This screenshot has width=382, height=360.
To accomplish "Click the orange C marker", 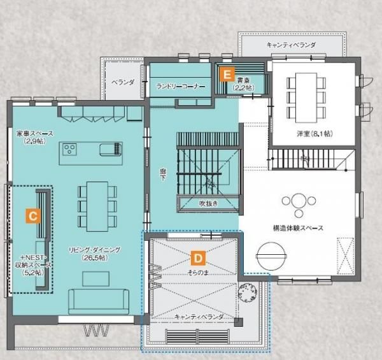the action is pos(33,216).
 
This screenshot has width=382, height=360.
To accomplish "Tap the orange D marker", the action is pos(198,258).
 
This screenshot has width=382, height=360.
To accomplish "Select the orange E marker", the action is pos(227,74).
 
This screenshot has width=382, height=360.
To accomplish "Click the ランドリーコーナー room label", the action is pos(181,87).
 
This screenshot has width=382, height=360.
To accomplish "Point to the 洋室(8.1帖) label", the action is pos(315,134).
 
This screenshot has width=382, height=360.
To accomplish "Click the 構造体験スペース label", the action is pos(298,228).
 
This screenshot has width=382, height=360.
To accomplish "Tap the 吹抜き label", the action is pos(208,203).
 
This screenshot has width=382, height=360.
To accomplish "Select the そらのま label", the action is pos(198,273).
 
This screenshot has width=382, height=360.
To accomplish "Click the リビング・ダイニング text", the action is pos(94,250).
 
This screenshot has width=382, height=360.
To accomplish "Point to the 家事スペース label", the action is pos(35,134).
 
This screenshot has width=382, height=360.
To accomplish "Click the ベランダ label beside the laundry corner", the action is pos(123,82).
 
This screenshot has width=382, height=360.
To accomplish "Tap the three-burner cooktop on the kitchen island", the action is pos(69,149).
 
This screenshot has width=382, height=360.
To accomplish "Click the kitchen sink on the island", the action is pos(110,149).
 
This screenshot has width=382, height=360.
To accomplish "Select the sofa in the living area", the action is pos(99,301).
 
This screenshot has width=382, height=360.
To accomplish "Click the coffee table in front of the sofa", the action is pos(95,279).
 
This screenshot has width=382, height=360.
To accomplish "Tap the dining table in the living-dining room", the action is pos(97,206).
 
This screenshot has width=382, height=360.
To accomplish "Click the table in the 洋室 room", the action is pos(306,97).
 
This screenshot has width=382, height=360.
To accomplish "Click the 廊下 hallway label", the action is pos(163,175).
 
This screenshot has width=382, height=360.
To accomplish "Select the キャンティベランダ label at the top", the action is pos(291,45).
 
